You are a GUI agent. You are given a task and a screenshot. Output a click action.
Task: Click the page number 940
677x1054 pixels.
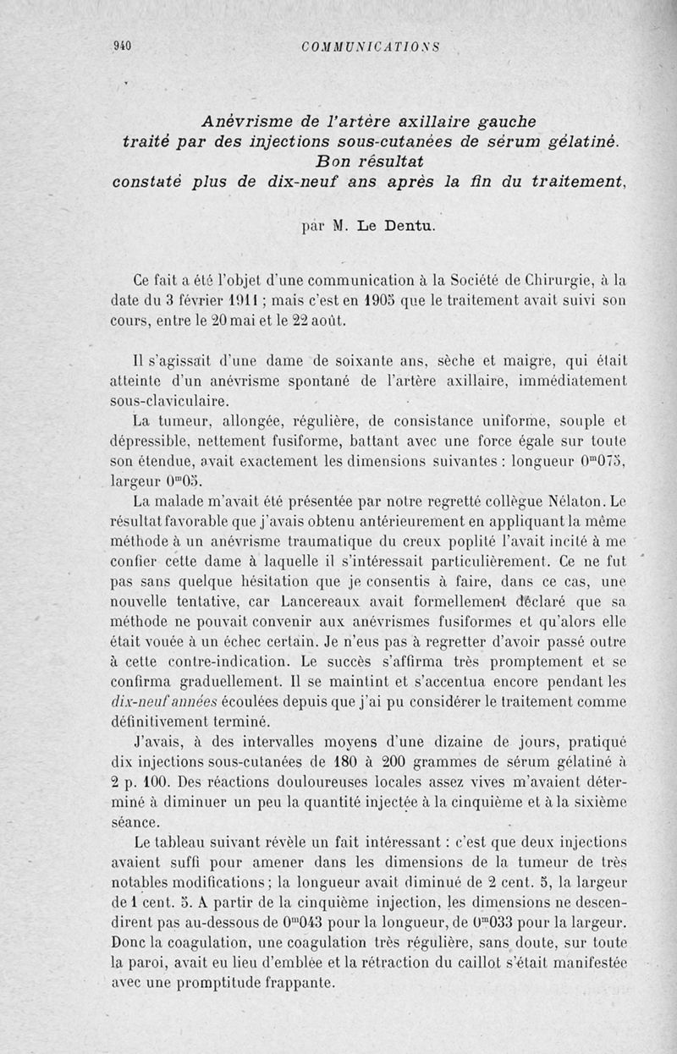(x=124, y=47)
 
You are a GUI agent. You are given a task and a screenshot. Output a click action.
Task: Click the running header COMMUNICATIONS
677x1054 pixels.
(x=371, y=47)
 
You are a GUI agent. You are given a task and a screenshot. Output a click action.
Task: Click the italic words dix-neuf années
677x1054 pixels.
(x=163, y=700)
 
